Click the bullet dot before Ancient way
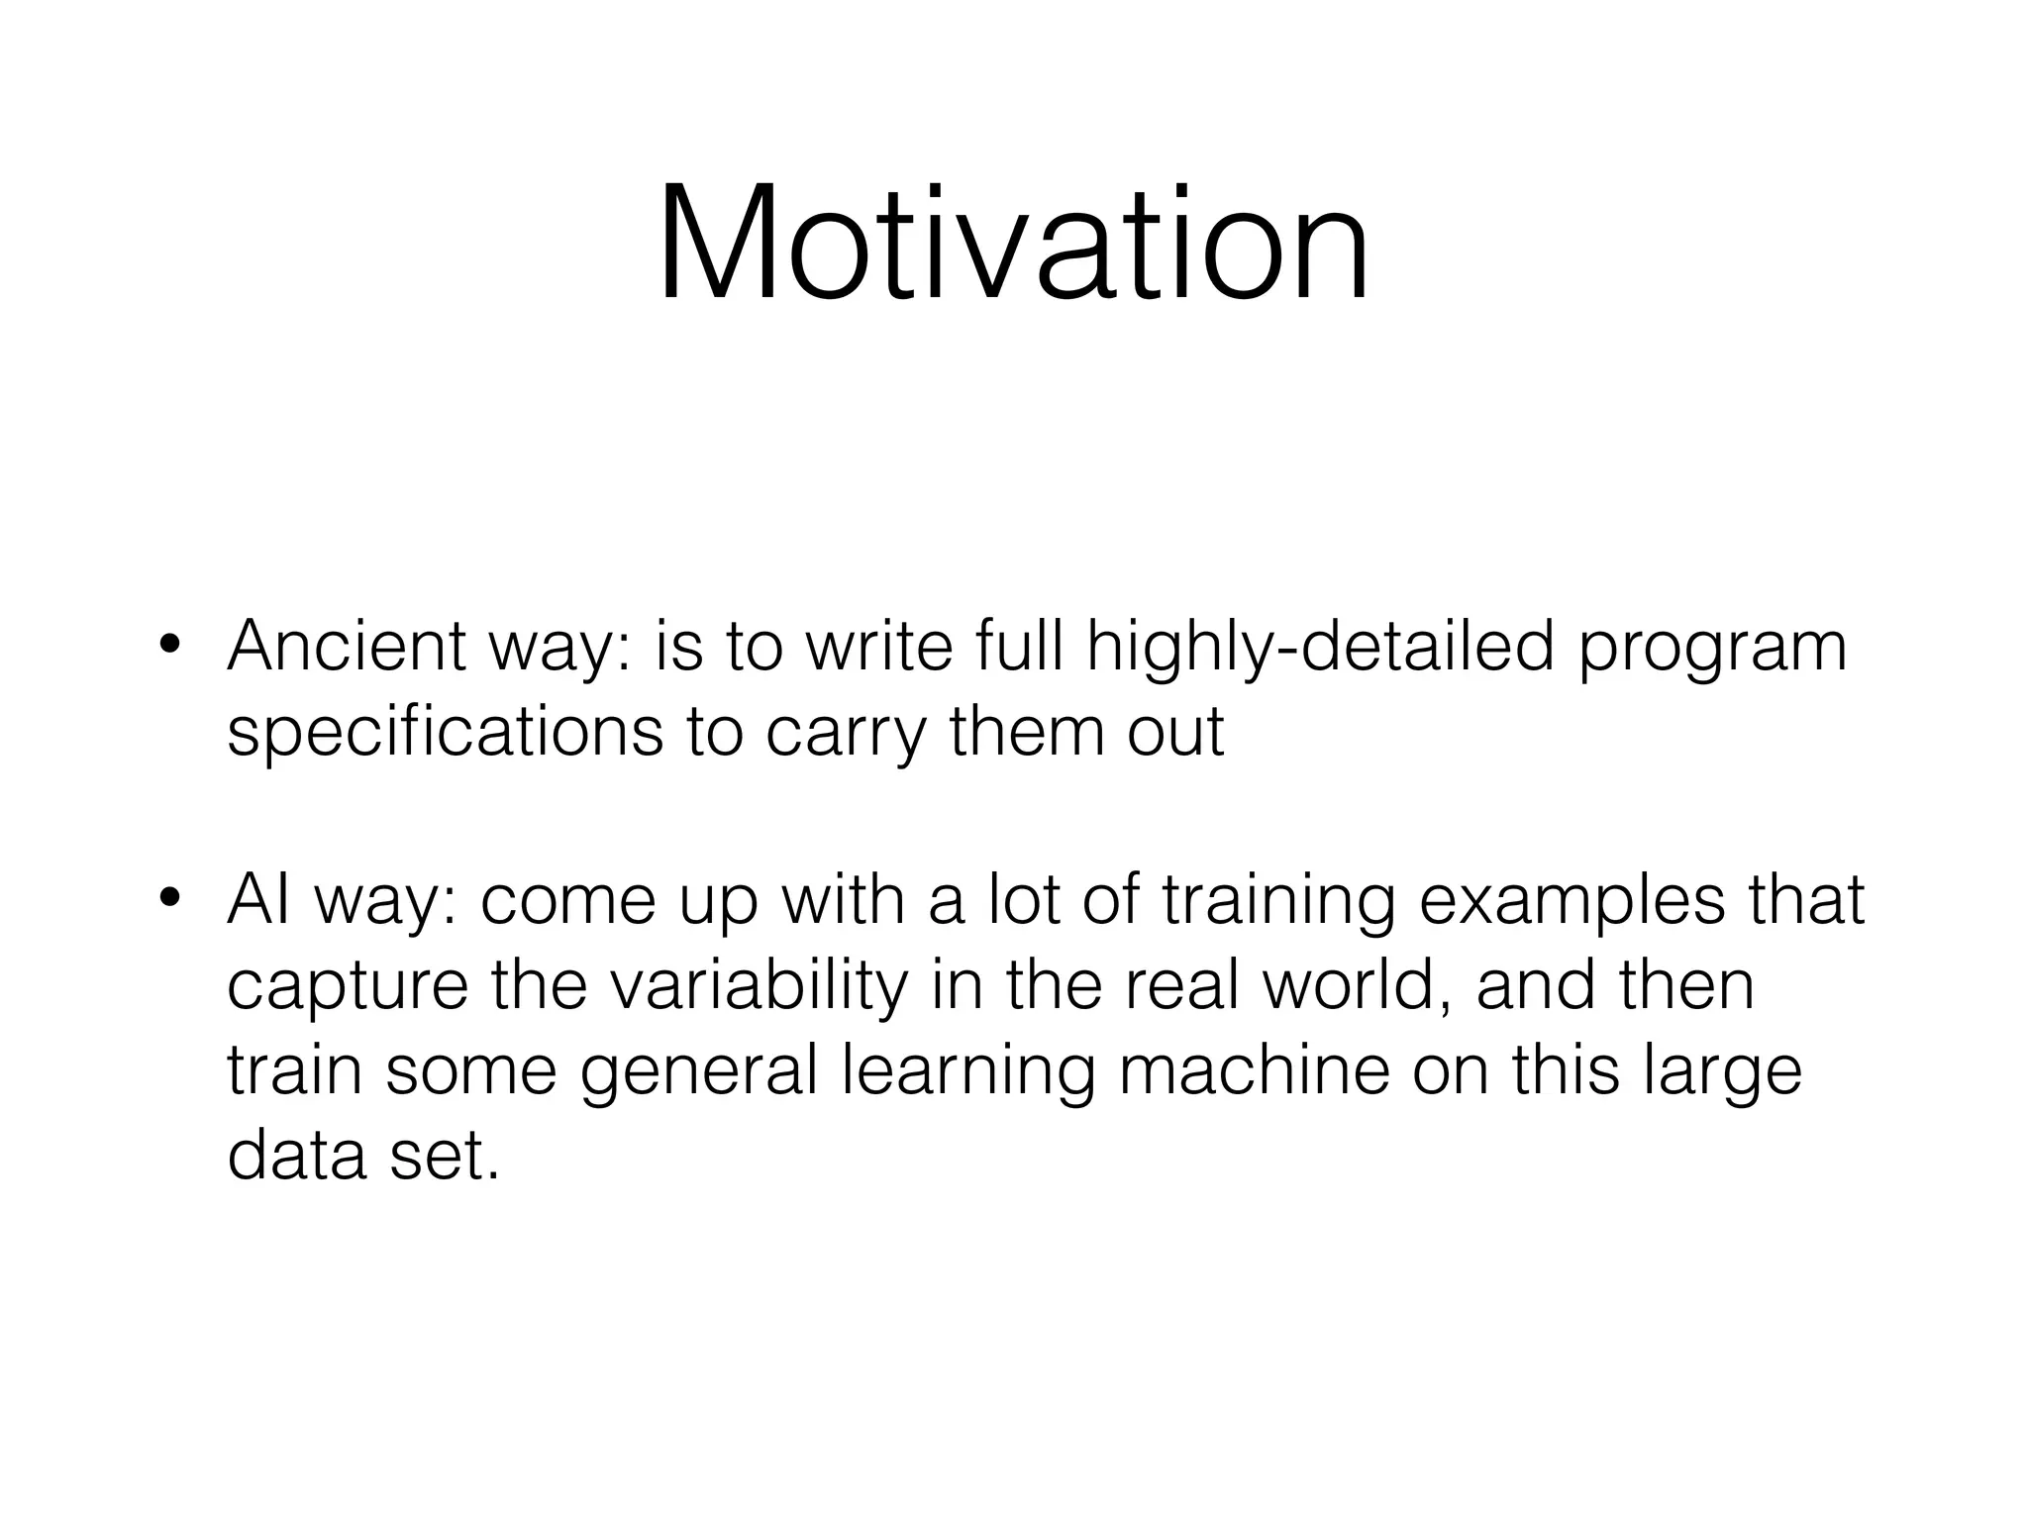coord(170,645)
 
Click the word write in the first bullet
coord(879,646)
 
